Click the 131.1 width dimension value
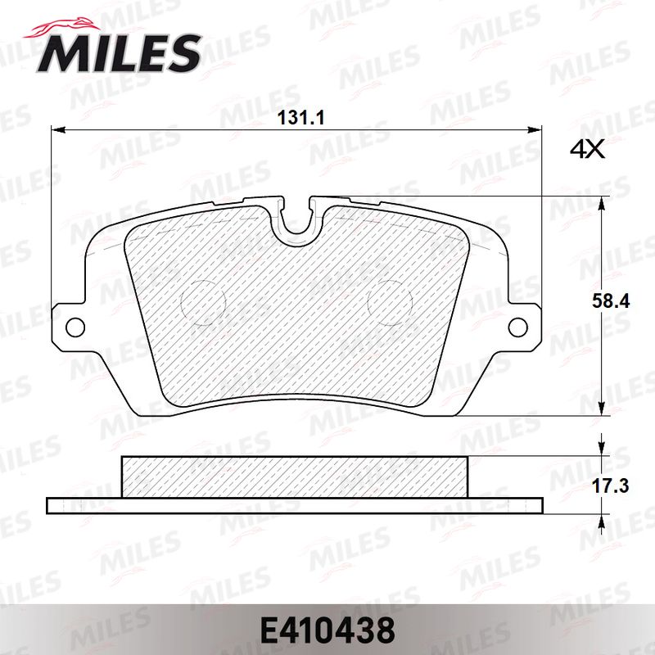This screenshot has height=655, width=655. (x=301, y=118)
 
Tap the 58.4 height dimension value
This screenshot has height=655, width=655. (x=611, y=301)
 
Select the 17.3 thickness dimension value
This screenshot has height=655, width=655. (x=611, y=486)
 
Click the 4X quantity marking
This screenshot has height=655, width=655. (x=587, y=149)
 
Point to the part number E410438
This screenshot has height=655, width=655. (x=327, y=630)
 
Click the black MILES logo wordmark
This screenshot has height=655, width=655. (x=119, y=53)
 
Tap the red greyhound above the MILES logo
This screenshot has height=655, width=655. (x=63, y=29)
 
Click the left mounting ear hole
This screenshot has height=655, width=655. (x=75, y=327)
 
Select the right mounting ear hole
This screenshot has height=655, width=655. (x=518, y=327)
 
